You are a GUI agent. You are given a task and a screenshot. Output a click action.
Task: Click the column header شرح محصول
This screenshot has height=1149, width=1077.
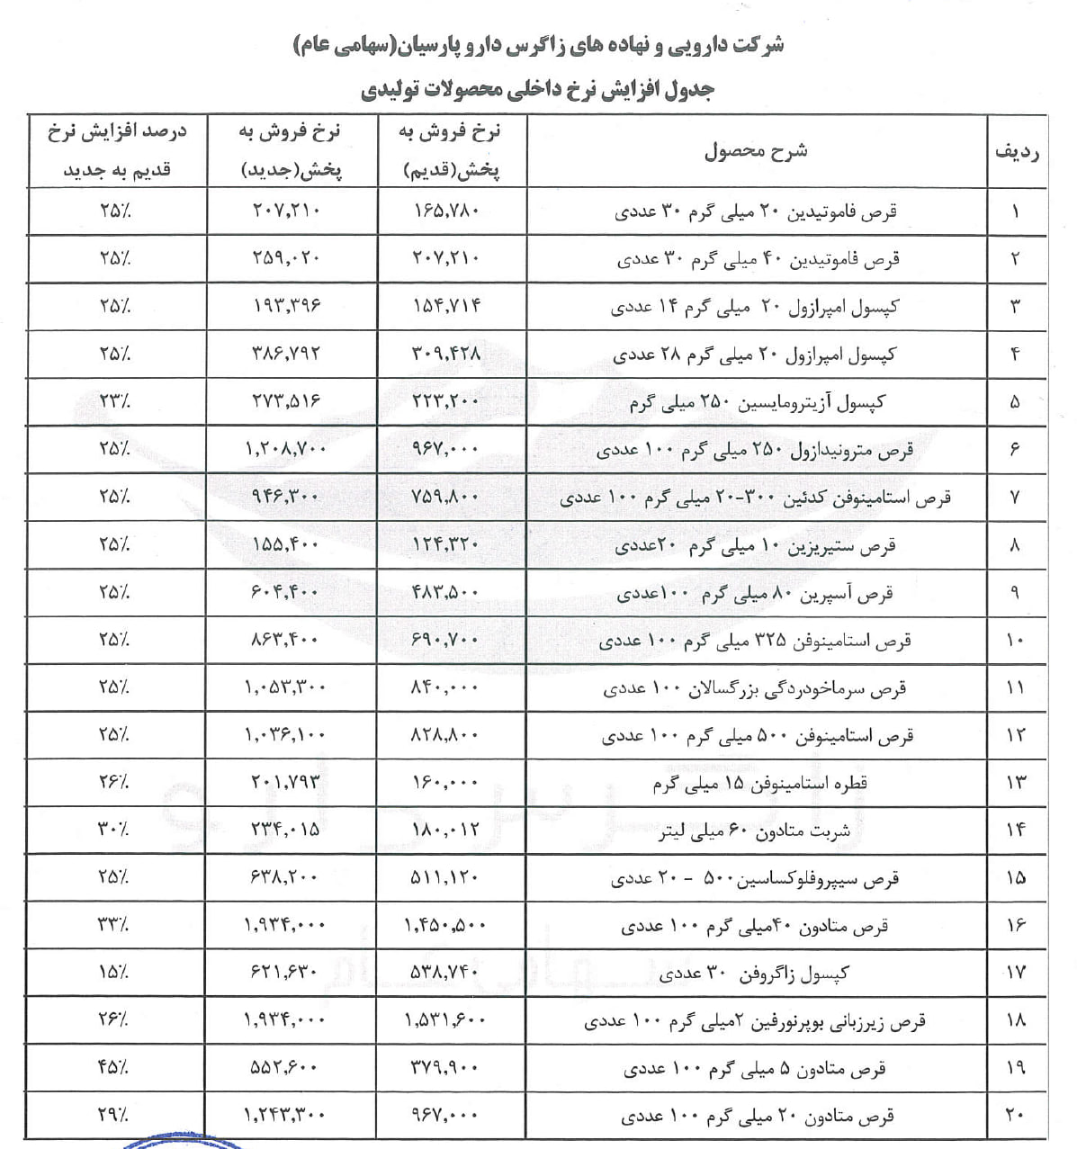pos(756,151)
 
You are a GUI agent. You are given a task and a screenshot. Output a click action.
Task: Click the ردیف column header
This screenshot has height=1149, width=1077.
pos(1016,151)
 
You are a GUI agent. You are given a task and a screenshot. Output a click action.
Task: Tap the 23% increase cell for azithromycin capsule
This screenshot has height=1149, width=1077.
pos(115,401)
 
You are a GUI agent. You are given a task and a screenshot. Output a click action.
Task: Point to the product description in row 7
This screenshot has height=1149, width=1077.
pos(756,497)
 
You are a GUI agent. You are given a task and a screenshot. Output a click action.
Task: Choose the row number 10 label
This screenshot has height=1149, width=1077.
pos(1016,640)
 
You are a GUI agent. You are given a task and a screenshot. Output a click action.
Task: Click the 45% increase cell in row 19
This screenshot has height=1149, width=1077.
pos(115,1068)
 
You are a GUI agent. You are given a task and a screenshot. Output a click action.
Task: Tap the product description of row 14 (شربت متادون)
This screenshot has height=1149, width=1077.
pos(756,830)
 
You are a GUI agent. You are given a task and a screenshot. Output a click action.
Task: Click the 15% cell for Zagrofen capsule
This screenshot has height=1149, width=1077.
pos(115,973)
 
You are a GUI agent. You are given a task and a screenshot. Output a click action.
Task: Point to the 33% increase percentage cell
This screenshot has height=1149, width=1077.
pos(115,925)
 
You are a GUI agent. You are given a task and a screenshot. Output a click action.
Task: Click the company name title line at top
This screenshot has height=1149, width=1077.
pos(538,44)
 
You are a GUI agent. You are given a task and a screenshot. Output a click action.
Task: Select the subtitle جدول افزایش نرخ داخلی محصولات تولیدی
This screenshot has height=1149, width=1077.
pos(538,90)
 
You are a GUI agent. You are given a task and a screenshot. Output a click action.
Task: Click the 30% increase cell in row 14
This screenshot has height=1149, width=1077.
pos(115,830)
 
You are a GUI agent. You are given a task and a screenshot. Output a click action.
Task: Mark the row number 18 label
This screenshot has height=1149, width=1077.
pos(1016,1020)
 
